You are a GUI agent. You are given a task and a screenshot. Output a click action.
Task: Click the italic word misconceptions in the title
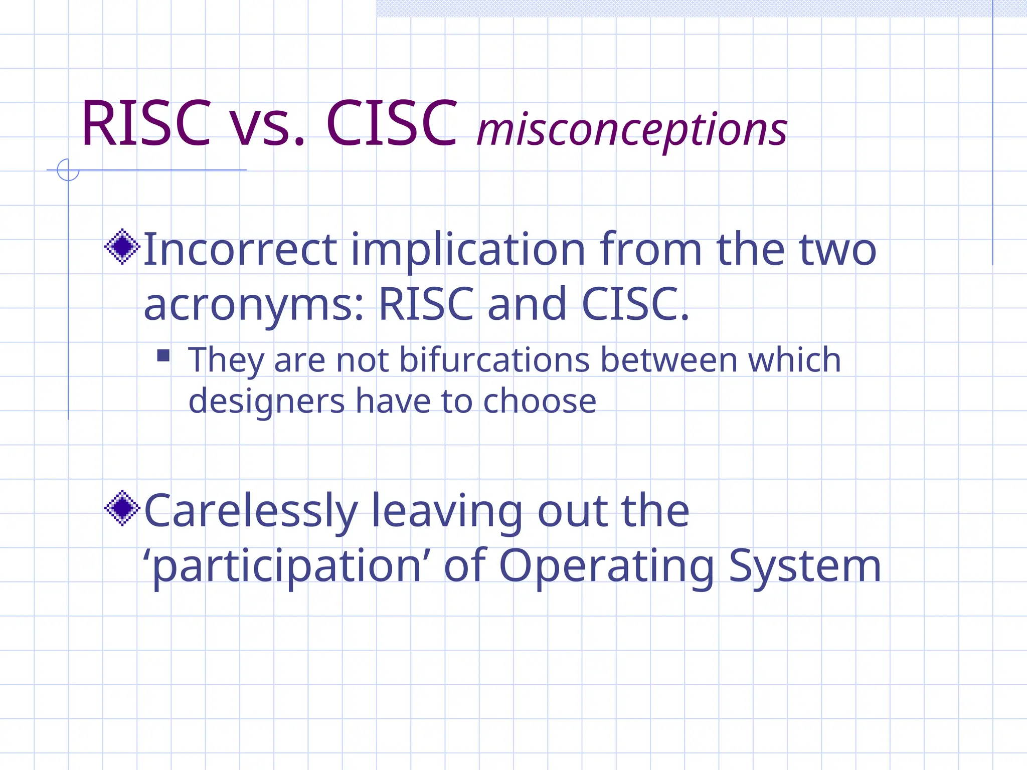point(632,129)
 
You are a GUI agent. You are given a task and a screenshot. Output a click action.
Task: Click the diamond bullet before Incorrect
point(122,247)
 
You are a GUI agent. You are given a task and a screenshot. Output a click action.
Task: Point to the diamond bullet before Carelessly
point(122,508)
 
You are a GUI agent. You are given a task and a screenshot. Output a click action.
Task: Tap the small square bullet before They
point(163,355)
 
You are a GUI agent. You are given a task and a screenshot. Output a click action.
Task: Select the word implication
point(468,250)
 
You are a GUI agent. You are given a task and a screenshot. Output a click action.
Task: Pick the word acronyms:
point(254,305)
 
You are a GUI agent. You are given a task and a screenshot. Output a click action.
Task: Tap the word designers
point(266,401)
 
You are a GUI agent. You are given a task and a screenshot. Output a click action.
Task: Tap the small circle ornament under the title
point(68,170)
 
